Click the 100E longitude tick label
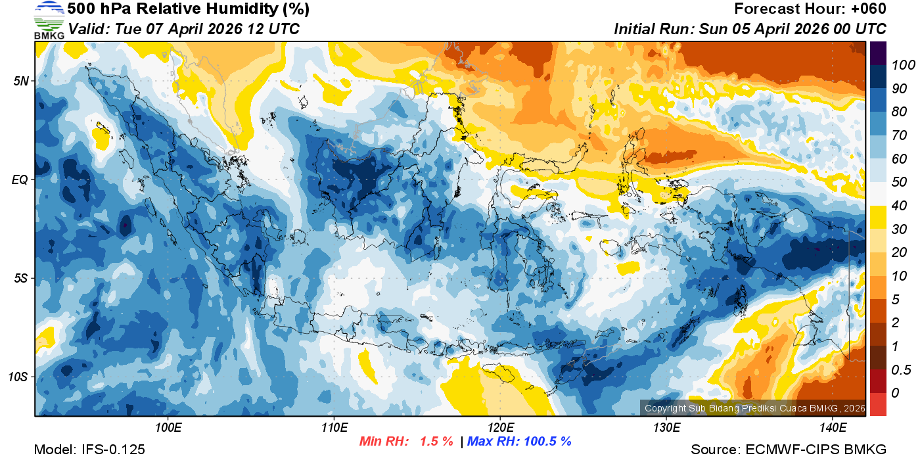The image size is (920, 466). (x=168, y=428)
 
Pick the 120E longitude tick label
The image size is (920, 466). (x=500, y=428)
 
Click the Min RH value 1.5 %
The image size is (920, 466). (x=435, y=441)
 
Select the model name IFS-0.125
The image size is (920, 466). (x=113, y=450)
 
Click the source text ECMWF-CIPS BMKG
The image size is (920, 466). (x=816, y=450)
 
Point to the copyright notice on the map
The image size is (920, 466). (x=754, y=408)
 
